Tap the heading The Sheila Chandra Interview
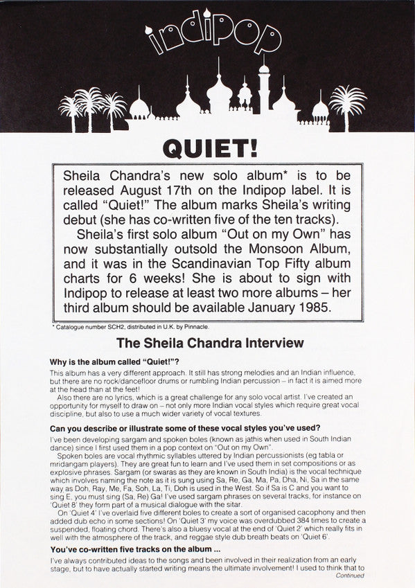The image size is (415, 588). [209, 342]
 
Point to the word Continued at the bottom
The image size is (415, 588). [350, 574]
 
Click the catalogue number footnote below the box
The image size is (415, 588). [119, 326]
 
